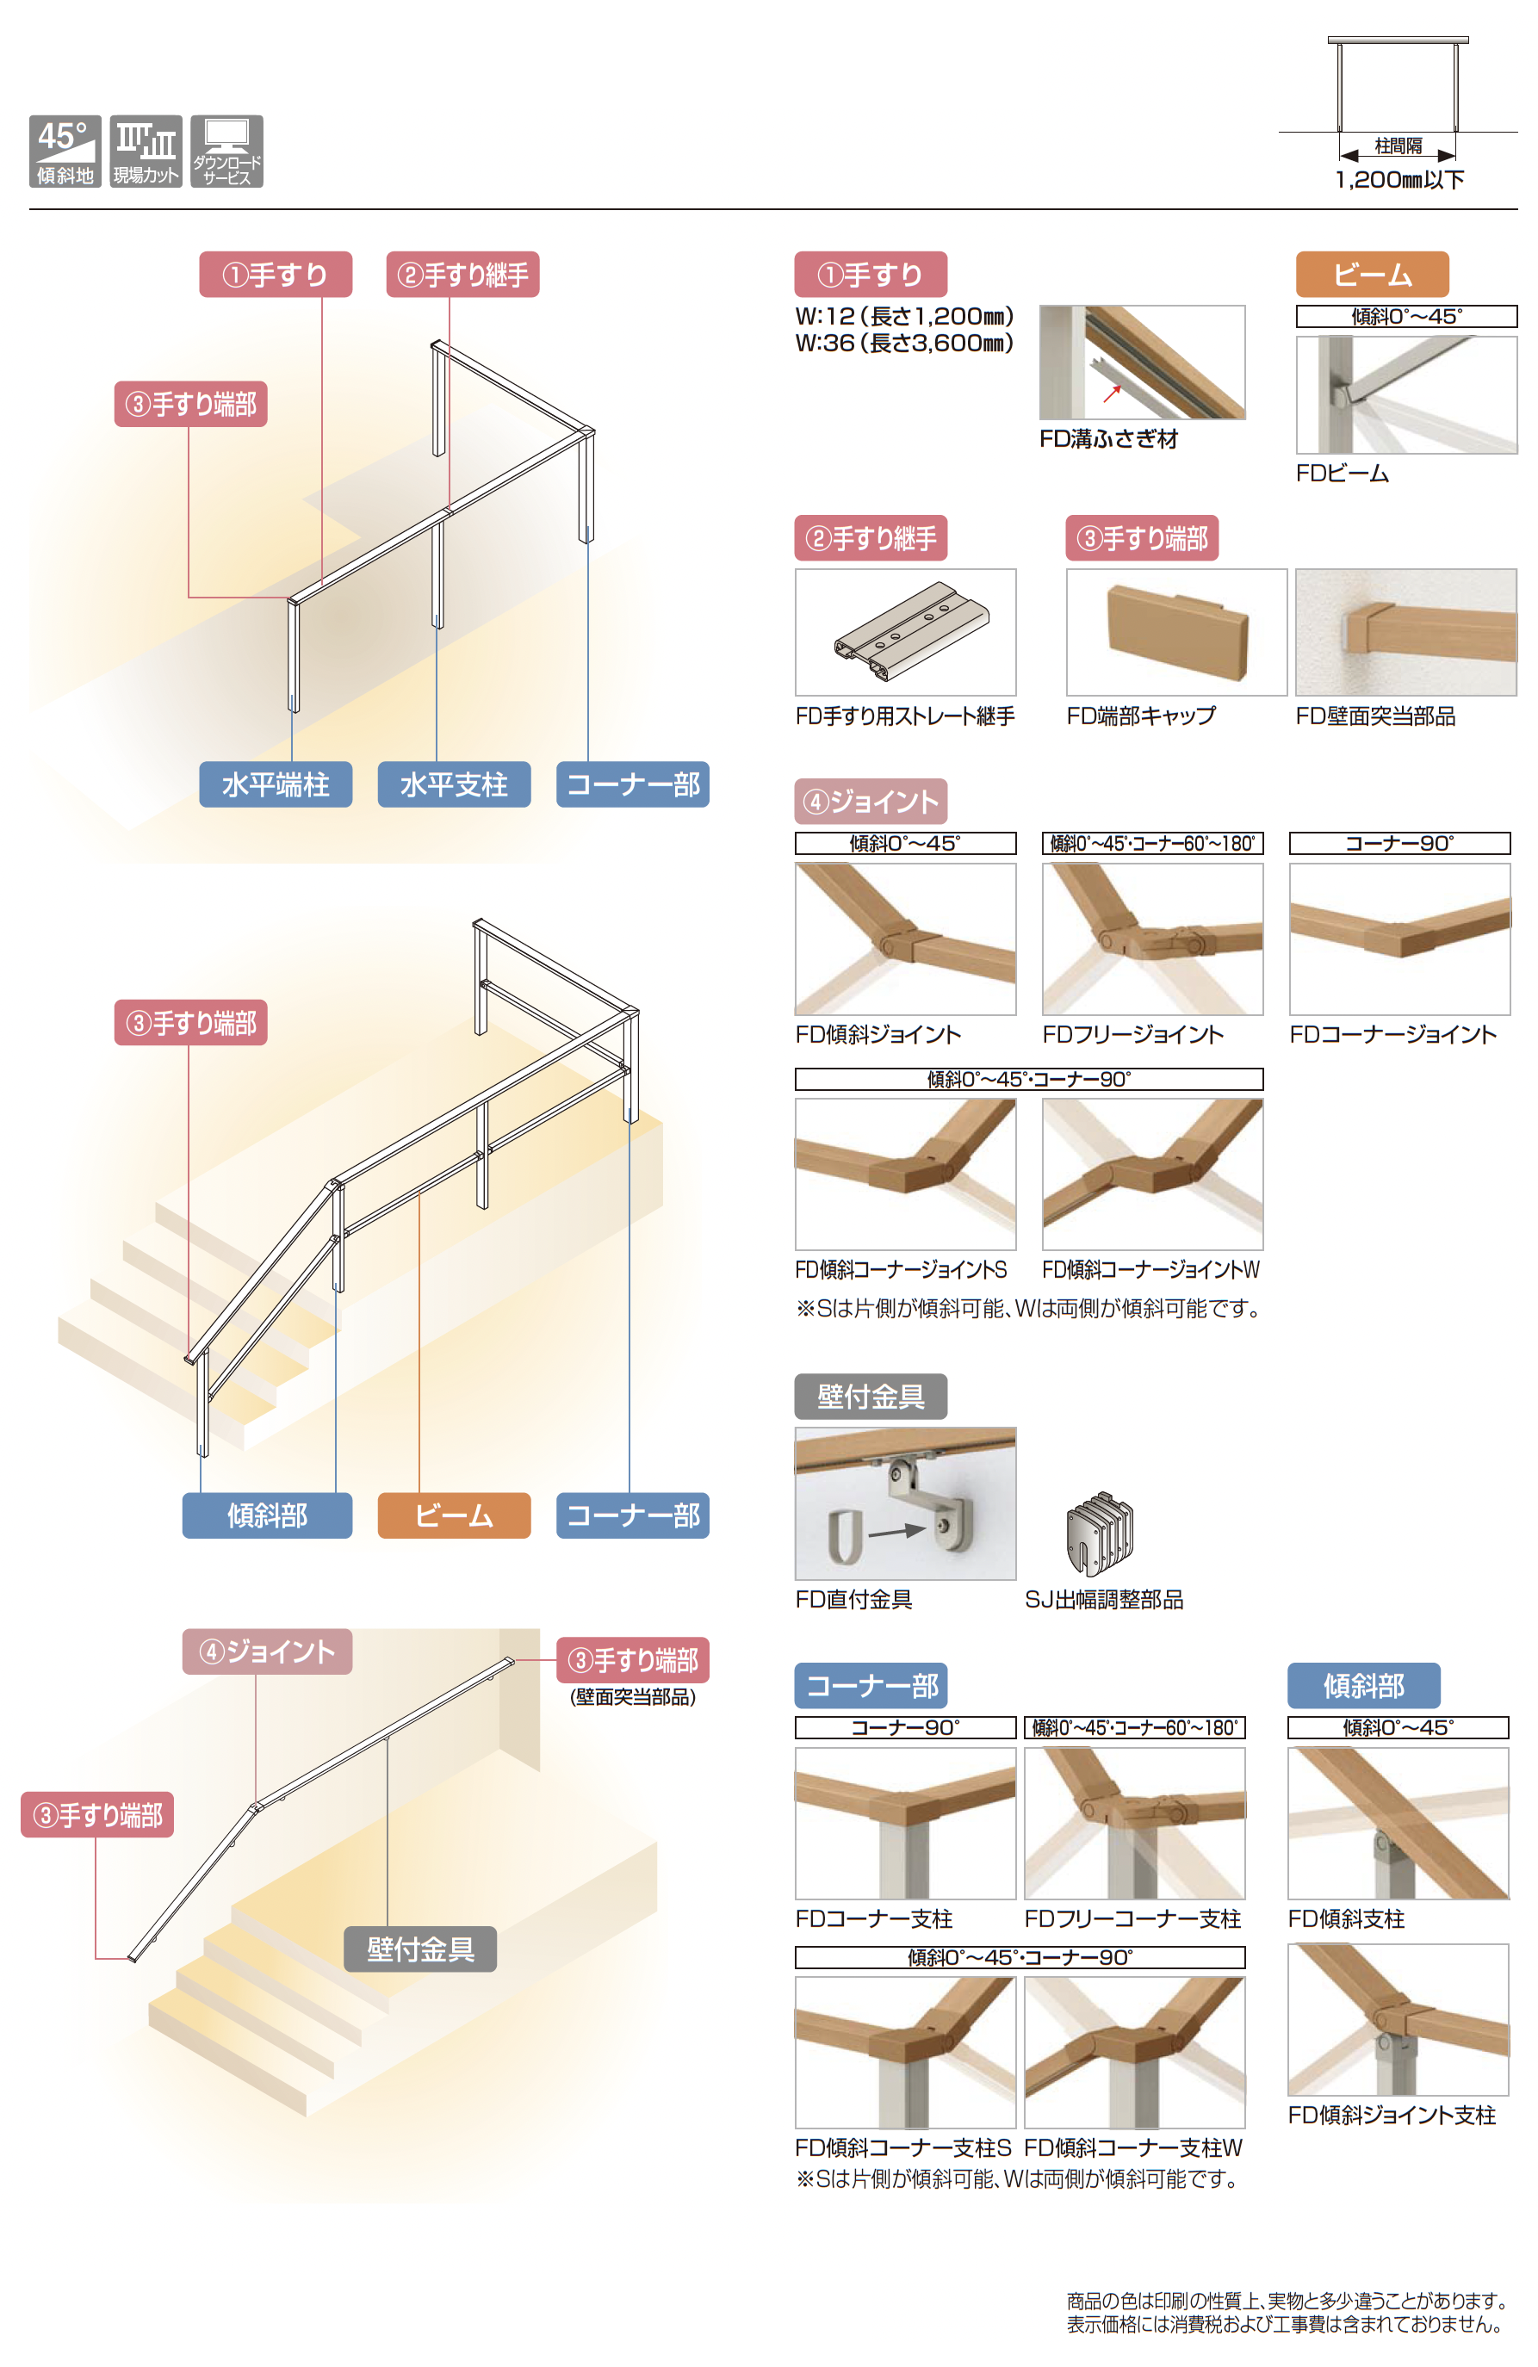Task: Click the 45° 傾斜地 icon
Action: [x=65, y=152]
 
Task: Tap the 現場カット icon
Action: [x=146, y=152]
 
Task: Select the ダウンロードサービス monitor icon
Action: [x=226, y=152]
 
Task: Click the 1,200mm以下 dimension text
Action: [x=1398, y=180]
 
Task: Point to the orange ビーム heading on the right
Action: [x=1372, y=275]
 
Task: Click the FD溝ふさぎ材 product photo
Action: [x=1142, y=362]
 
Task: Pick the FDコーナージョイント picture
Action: [x=1399, y=939]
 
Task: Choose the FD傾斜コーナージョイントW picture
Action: [x=1153, y=1174]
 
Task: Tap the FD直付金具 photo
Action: [x=905, y=1503]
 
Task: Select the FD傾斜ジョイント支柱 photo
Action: [x=1398, y=2020]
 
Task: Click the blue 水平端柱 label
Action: [x=276, y=784]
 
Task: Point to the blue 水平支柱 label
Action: [x=454, y=784]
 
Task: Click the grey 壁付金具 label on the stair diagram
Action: [x=420, y=1949]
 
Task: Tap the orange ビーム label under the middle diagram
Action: [x=454, y=1515]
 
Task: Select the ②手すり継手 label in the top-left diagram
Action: [x=462, y=275]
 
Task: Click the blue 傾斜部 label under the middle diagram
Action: [x=267, y=1515]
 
